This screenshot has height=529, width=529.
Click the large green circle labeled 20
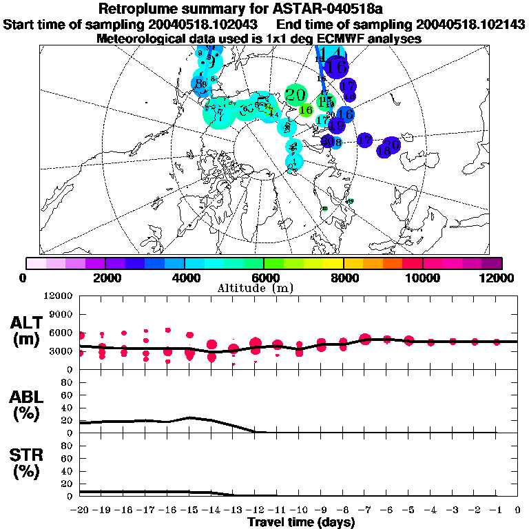295,95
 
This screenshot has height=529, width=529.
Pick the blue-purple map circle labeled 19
337,125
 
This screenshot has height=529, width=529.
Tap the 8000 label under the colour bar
344,278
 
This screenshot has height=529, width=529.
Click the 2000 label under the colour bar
105,278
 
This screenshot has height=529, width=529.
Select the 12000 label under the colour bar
498,278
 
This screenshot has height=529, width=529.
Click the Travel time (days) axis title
301,523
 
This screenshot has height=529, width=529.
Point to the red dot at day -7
365,339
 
